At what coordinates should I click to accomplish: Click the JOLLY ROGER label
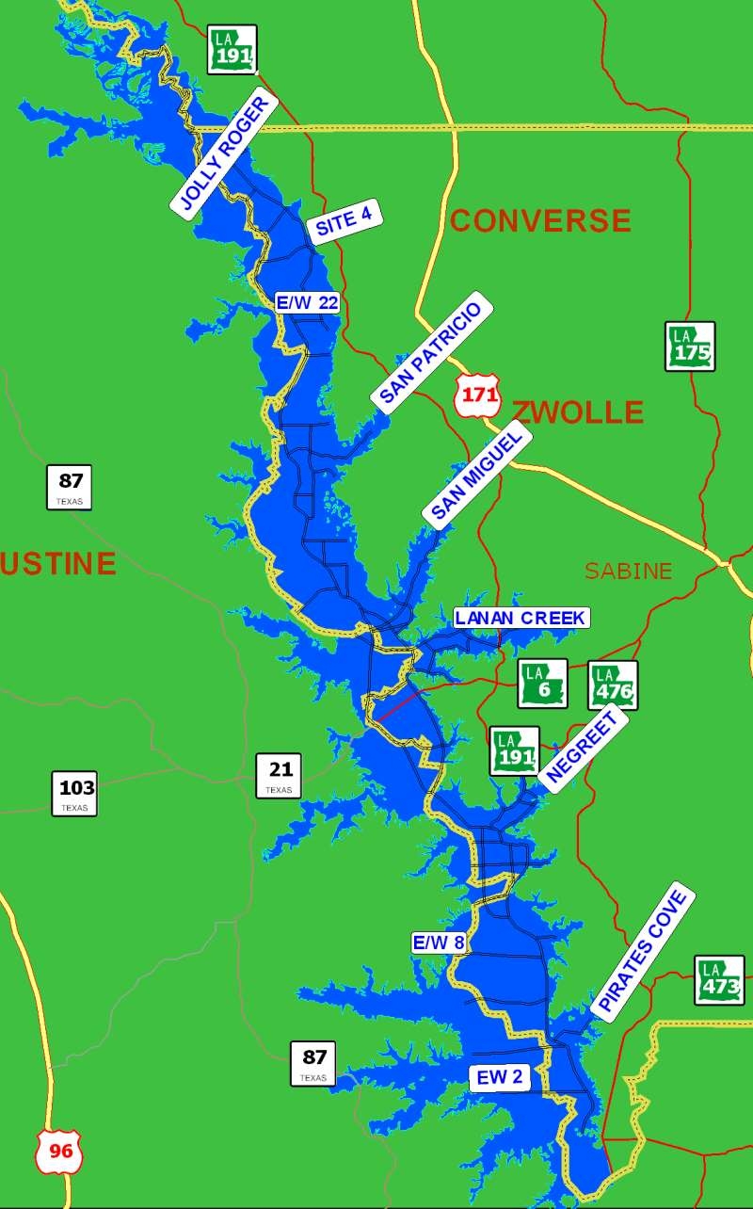pos(224,157)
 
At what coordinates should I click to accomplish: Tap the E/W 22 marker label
pos(307,302)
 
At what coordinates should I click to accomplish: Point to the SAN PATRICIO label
pos(432,354)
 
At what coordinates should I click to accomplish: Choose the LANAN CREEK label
pos(521,619)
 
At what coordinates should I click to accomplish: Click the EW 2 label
pos(499,1079)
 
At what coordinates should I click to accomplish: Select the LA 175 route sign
pos(690,347)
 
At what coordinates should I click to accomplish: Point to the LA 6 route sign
pos(542,684)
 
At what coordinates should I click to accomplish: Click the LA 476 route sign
pos(613,685)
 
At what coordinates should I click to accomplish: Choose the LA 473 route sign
pos(719,980)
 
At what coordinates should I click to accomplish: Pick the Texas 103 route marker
pos(74,793)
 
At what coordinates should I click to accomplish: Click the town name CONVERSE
pos(540,220)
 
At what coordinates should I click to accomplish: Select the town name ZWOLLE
pos(578,412)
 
